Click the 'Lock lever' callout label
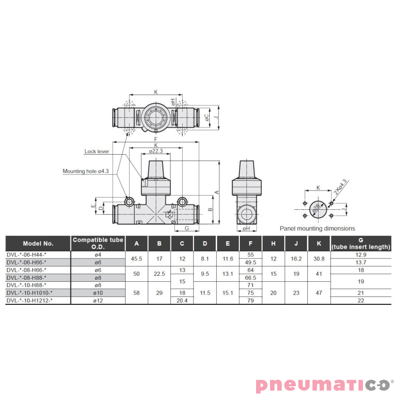(x=97, y=152)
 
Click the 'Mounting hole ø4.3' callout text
(x=86, y=171)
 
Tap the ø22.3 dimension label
(x=156, y=151)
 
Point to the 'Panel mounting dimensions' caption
(x=317, y=229)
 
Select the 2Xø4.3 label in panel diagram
(x=340, y=187)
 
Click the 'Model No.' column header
(x=38, y=243)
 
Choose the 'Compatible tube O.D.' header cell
(x=98, y=243)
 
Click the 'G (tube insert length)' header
(x=361, y=243)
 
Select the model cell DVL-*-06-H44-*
(x=27, y=255)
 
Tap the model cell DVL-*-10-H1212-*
(x=30, y=300)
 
